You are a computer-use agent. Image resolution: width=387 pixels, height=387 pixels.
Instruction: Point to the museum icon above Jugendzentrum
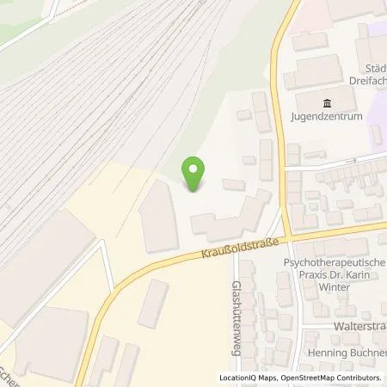(326, 103)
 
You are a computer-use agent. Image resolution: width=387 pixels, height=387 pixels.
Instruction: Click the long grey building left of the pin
(158, 217)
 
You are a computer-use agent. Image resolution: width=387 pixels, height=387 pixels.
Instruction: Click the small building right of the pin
(233, 184)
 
